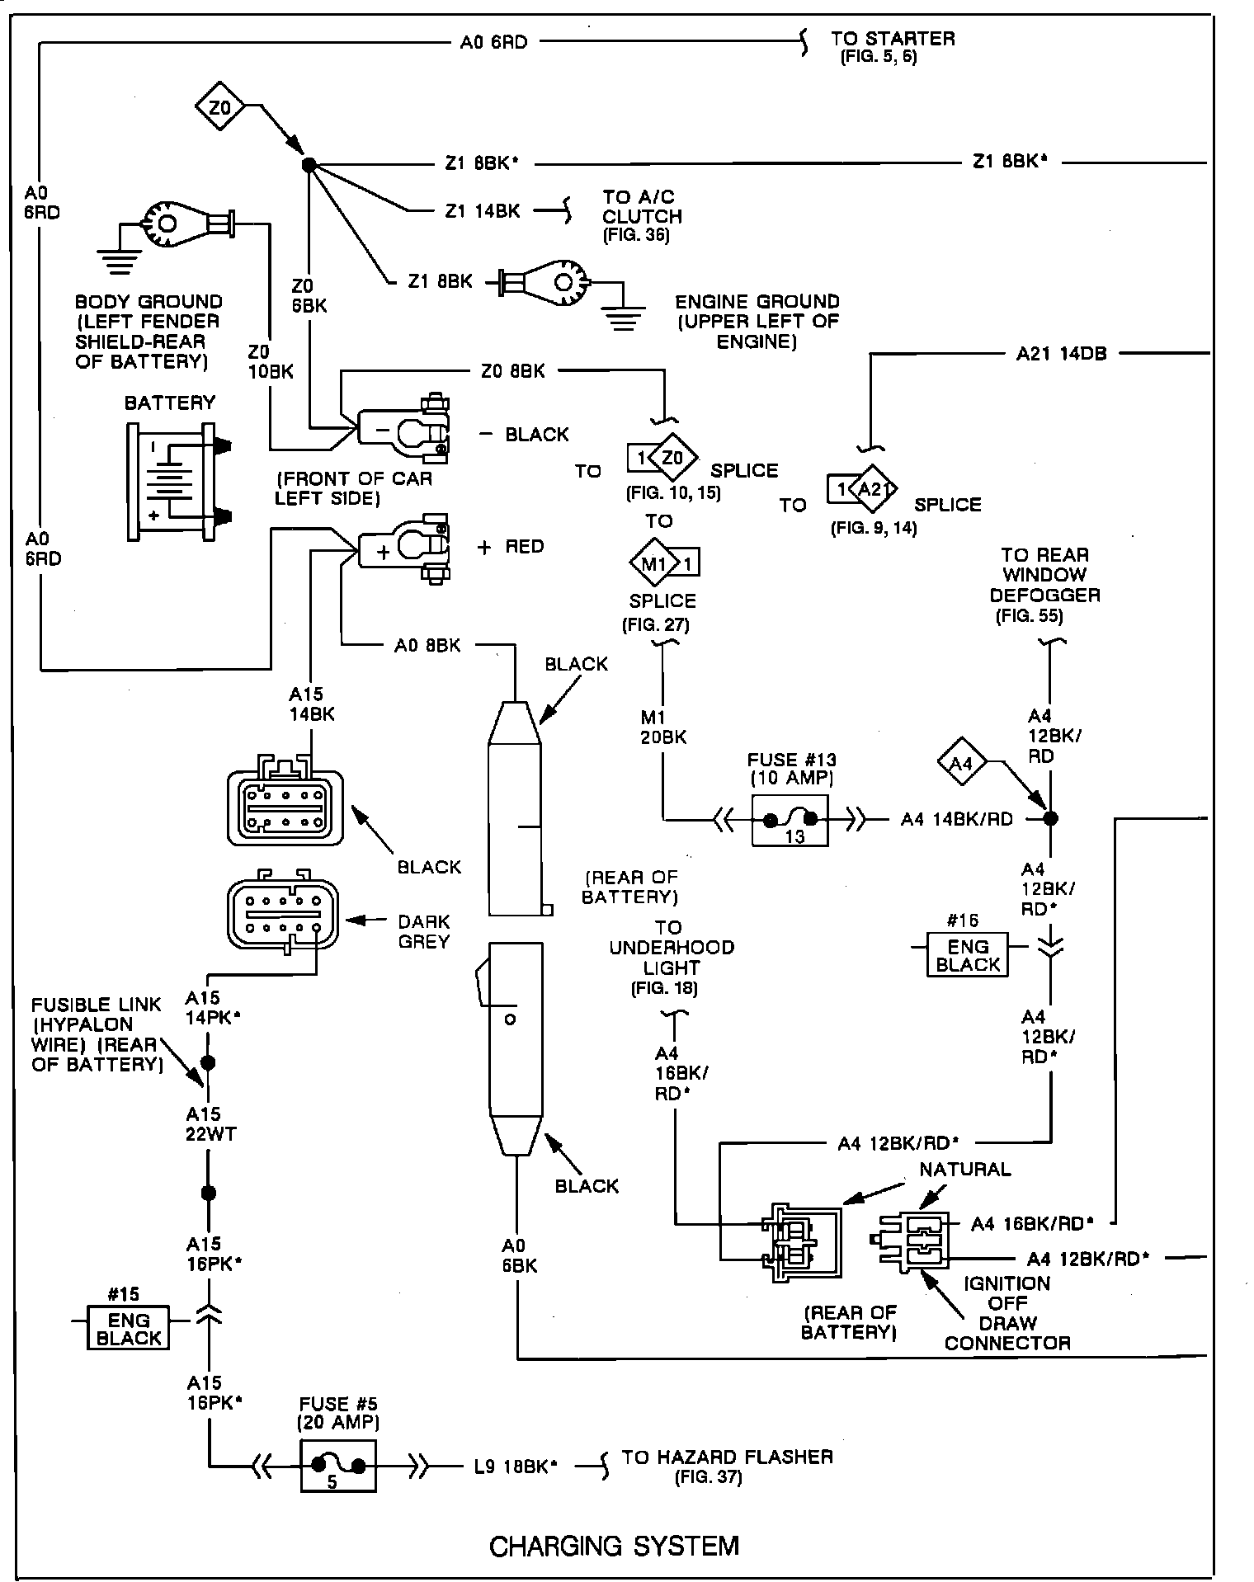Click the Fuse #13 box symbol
(790, 821)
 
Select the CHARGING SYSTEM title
(614, 1545)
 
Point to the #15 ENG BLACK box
(128, 1327)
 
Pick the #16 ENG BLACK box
(968, 954)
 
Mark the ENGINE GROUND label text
(757, 321)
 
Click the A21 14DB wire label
(1061, 354)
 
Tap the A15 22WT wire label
(210, 1124)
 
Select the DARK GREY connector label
(423, 931)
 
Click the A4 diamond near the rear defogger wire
(962, 763)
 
